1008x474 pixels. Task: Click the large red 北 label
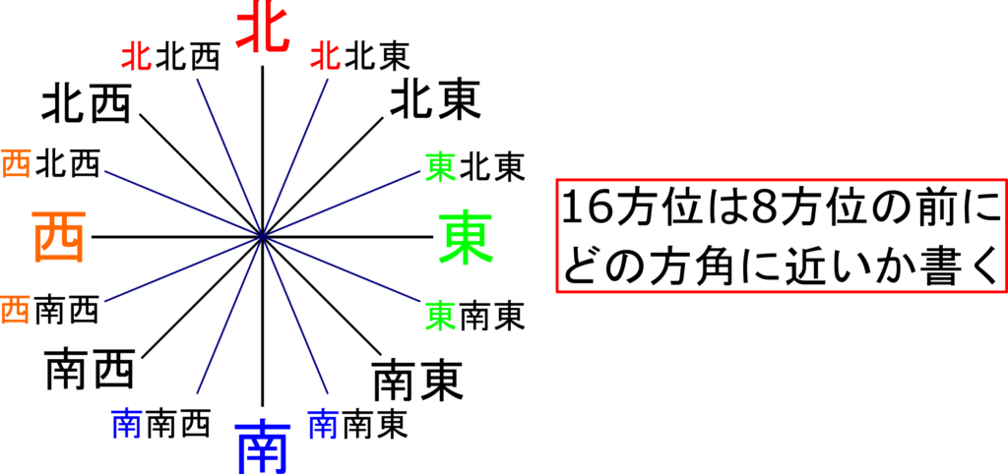pos(263,27)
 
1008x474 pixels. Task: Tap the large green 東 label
pos(466,238)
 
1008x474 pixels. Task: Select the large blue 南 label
pos(263,446)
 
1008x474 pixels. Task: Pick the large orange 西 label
pos(58,238)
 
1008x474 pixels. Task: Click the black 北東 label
pos(435,101)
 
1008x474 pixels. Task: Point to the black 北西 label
pos(87,104)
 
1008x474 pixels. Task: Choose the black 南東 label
pos(417,381)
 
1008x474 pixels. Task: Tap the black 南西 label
pos(90,371)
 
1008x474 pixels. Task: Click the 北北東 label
pos(360,56)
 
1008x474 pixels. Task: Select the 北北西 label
pos(171,56)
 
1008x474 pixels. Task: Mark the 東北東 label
pos(475,166)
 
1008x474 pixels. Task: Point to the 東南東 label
pos(475,316)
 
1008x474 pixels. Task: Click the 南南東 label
pos(358,425)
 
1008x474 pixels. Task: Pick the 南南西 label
pos(161,425)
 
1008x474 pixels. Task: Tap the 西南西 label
pos(49,310)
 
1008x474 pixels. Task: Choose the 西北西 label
pos(51,164)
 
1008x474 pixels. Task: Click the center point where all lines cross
pos(262,237)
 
